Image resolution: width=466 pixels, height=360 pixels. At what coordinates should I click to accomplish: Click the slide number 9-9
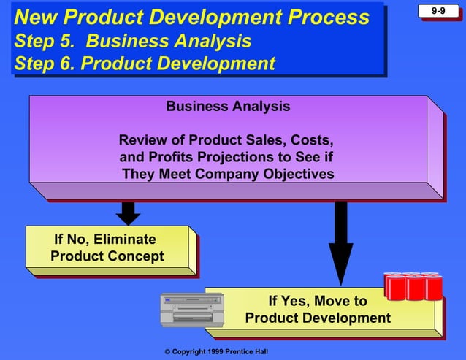tap(438, 10)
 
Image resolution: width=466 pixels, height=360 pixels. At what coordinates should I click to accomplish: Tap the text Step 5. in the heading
tap(43, 41)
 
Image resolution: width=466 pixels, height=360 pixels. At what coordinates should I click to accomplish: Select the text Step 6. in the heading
tap(44, 64)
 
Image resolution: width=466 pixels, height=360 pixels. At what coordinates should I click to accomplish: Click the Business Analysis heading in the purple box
tap(228, 107)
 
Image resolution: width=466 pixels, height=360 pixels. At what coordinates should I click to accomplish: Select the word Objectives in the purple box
tap(296, 174)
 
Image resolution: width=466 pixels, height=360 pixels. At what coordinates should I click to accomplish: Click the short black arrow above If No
tap(128, 212)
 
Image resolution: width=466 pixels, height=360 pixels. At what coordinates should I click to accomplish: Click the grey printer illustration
tap(191, 310)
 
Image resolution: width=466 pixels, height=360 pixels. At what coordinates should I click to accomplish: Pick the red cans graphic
tap(413, 286)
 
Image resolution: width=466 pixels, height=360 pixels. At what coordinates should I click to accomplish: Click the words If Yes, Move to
tap(318, 301)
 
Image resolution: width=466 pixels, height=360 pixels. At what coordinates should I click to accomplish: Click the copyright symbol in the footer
tap(168, 352)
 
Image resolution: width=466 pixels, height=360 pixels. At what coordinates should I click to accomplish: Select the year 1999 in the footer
tap(213, 352)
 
